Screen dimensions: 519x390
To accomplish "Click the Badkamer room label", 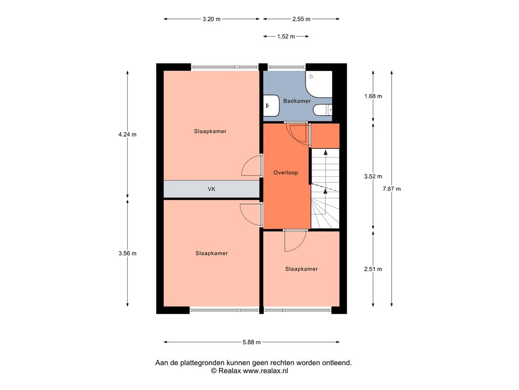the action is [x=297, y=101].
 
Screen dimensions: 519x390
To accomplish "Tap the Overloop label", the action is [x=286, y=173].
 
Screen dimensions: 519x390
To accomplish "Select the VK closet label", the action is [x=211, y=189].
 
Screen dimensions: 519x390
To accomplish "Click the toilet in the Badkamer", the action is [x=322, y=110].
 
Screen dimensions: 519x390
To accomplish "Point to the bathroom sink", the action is [x=272, y=106].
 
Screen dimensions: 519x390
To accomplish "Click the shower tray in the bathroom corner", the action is [x=319, y=84].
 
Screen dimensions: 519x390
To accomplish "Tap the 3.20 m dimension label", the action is [x=211, y=19].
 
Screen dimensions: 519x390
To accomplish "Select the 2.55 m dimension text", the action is [x=301, y=19].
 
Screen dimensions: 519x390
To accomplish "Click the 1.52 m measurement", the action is [x=286, y=37].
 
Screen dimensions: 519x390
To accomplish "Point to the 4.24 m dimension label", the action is [x=127, y=134].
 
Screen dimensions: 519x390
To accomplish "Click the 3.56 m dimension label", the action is [x=127, y=253].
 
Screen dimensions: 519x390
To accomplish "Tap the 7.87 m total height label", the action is [x=392, y=189].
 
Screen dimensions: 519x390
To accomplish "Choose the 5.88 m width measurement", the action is [x=251, y=342].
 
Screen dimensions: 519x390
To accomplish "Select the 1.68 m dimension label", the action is [x=373, y=96].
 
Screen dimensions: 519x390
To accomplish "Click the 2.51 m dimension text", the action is [x=373, y=269].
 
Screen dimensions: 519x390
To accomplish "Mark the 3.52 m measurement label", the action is [x=373, y=176].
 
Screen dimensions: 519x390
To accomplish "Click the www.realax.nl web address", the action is [x=266, y=371].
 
